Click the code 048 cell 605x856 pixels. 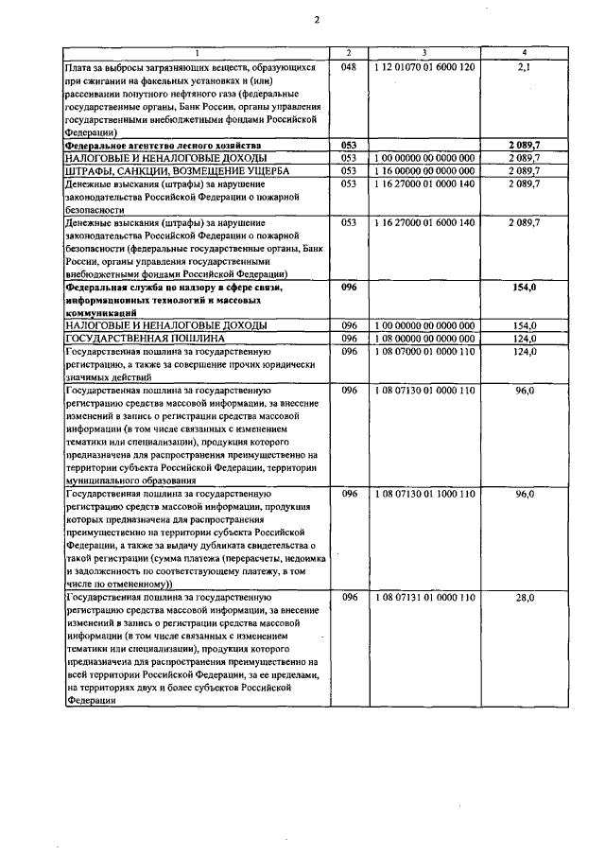348,68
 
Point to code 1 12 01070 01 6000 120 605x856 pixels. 424,68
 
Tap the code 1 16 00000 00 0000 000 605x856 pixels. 424,170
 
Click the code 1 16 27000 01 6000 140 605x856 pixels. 424,221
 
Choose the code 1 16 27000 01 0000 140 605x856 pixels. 424,183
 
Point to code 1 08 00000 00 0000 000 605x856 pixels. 424,338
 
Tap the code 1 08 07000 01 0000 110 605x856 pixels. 424,351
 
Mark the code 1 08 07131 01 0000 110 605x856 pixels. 424,598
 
